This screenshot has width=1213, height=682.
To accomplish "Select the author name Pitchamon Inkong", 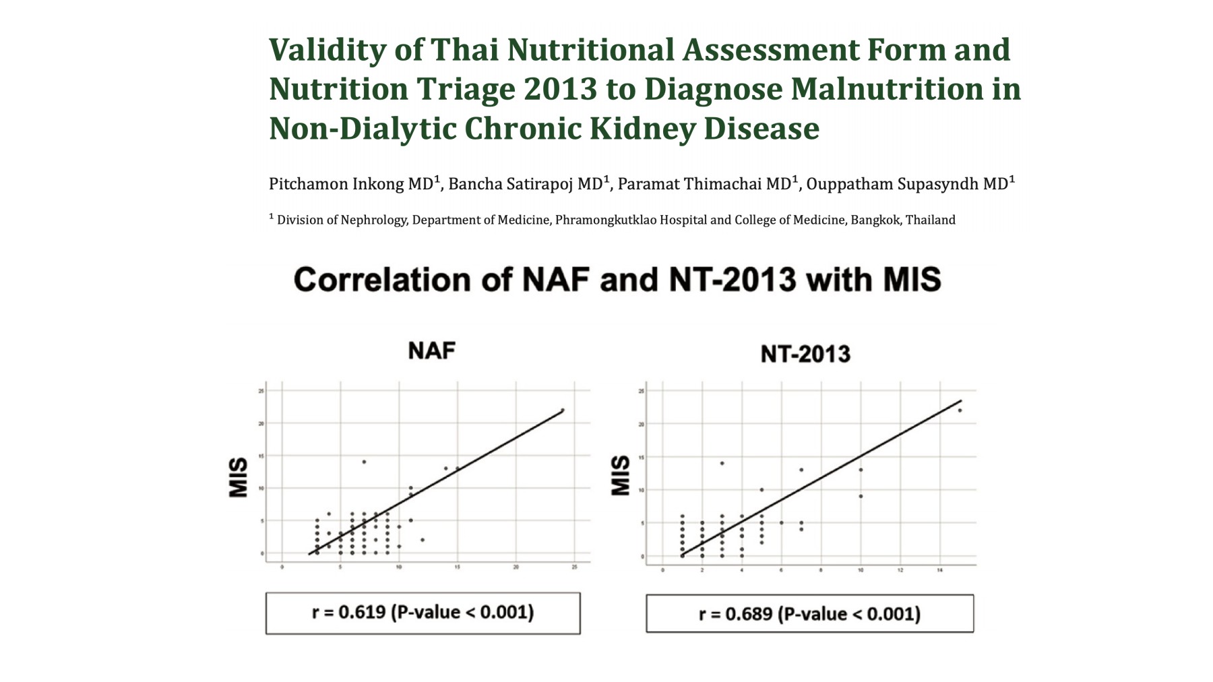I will (337, 184).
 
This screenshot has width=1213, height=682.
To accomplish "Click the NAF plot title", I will (431, 350).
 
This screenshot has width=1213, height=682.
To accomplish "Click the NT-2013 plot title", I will (805, 354).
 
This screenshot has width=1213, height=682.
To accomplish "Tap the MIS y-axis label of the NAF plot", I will (239, 478).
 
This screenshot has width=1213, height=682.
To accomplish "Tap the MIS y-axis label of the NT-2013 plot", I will (620, 476).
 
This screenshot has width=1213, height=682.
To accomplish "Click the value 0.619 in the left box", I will (362, 612).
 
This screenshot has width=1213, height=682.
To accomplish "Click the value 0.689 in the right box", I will (749, 614).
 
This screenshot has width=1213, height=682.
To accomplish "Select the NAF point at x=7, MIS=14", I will (364, 462).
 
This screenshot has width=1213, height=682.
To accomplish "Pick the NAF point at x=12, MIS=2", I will (423, 540).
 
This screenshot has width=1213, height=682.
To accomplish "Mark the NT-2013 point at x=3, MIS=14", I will (722, 463).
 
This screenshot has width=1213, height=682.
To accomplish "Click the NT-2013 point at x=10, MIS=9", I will (861, 496).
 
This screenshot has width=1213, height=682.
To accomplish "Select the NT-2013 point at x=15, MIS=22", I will (960, 410).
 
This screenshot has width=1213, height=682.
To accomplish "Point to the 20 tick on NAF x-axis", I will (516, 567).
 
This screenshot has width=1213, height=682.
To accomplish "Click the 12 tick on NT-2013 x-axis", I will (900, 570).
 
